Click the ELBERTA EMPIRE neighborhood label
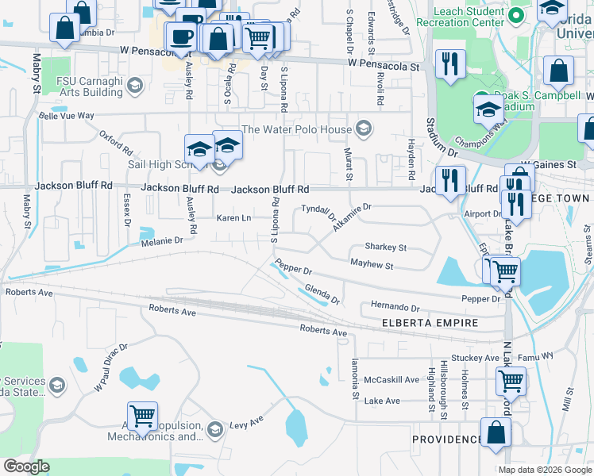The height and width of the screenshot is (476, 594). coord(430,323)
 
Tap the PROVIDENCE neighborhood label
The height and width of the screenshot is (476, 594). coord(446,439)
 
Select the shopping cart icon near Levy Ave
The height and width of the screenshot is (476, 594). coord(142,416)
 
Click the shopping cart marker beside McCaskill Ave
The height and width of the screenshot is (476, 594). coord(511,382)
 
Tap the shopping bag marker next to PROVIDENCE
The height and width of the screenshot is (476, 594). coord(496,434)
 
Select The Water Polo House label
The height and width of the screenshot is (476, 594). coord(296,129)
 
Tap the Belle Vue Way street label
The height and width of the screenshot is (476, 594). coord(67,116)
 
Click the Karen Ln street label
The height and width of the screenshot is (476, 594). coord(233,218)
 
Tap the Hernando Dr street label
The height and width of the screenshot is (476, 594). coord(395,307)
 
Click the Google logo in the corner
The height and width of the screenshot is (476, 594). coord(26,466)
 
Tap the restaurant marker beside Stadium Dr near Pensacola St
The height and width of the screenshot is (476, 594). coord(450,64)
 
